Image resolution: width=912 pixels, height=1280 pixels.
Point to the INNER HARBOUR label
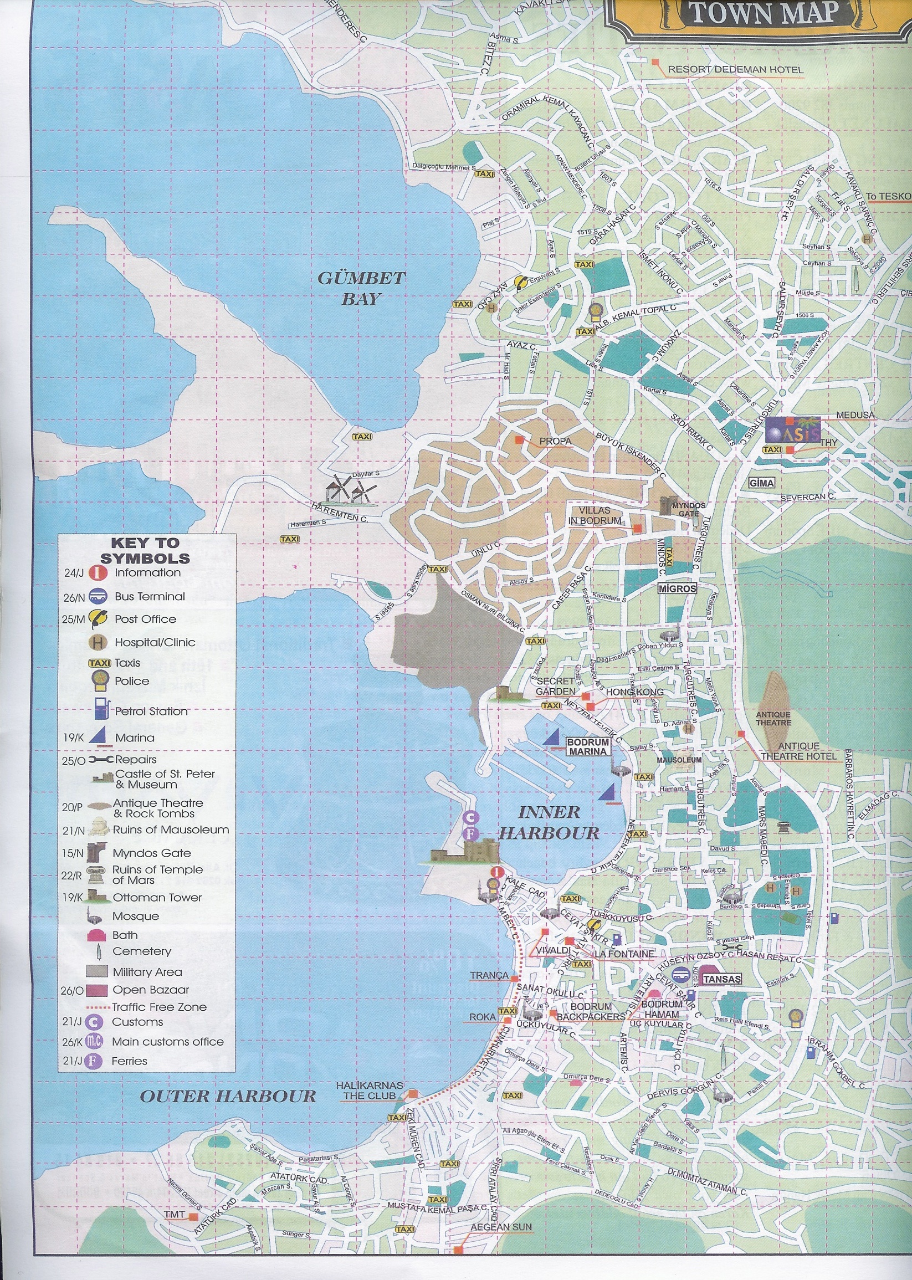tap(549, 823)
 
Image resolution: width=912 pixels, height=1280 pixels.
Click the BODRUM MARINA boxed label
tap(587, 747)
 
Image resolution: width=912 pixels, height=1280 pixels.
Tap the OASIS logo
tap(792, 430)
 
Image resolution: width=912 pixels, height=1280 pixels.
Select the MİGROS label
tap(677, 588)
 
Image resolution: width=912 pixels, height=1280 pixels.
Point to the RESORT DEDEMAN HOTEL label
tap(735, 70)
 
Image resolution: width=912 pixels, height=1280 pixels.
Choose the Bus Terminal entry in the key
tap(149, 596)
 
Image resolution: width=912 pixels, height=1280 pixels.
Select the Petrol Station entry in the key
tap(151, 711)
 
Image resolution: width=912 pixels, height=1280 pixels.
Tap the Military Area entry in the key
tap(147, 972)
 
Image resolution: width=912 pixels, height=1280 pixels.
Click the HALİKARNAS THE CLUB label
tap(369, 1090)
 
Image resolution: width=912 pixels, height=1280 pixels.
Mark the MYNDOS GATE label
tap(688, 509)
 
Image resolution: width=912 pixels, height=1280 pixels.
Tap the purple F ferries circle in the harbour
tap(470, 834)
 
